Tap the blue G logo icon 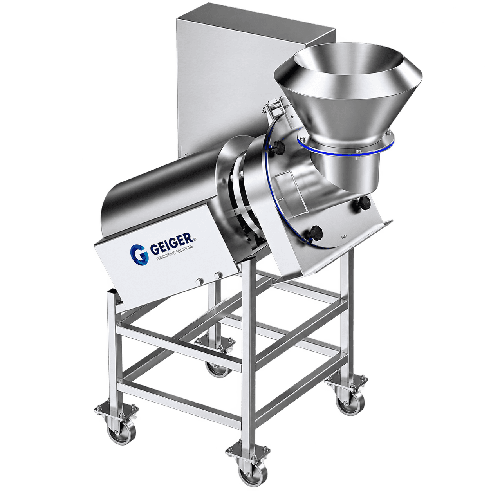click(139, 254)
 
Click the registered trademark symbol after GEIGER click(195, 239)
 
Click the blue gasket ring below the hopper click(346, 149)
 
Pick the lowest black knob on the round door click(316, 232)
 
